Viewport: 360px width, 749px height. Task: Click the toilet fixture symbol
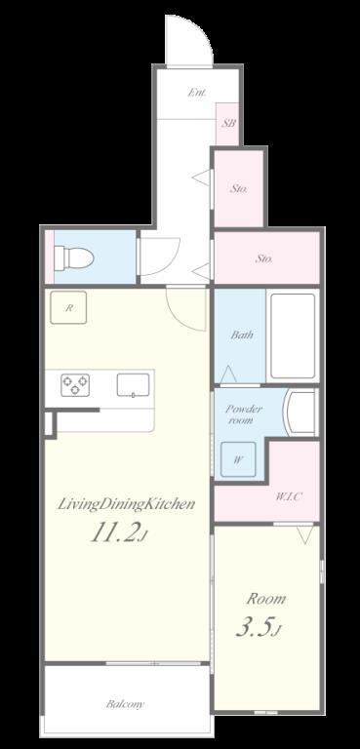tap(73, 257)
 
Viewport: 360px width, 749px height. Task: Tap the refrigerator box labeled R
tap(68, 307)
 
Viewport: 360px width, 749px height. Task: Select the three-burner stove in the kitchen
tap(75, 385)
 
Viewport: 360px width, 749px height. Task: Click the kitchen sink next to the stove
tap(133, 385)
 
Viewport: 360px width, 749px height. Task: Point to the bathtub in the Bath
tap(293, 335)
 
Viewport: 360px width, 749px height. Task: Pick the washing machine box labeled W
tap(238, 460)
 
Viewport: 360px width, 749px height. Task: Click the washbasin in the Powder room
tap(300, 412)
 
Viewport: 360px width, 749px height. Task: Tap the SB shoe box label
tap(228, 123)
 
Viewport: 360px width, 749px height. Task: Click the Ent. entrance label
tap(196, 93)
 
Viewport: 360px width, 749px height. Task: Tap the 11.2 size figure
tap(118, 533)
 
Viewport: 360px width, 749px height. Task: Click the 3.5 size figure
tap(259, 628)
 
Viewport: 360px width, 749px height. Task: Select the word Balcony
tap(125, 704)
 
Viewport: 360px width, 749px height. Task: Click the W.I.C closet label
tap(288, 496)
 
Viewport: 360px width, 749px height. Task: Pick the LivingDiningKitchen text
tap(126, 504)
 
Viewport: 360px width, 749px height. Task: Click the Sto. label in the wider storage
tap(264, 258)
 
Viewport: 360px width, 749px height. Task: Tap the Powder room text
tap(244, 414)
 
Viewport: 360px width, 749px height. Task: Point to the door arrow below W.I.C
tap(304, 535)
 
